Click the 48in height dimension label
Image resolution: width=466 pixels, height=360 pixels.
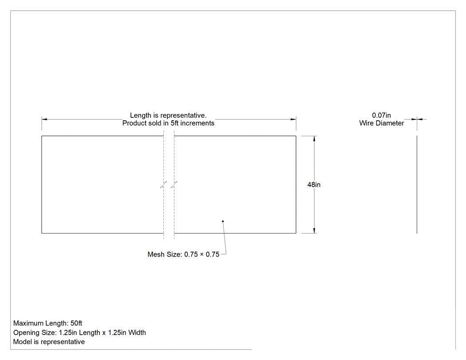click(x=314, y=185)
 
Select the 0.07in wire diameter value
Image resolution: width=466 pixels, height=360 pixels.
click(x=381, y=115)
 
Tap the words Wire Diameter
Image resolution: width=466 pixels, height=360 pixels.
click(x=382, y=123)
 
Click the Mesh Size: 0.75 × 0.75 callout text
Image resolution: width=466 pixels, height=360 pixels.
click(x=183, y=254)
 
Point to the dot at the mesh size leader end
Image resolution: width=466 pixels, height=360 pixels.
click(x=223, y=221)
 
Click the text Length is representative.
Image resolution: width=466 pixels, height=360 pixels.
click(x=168, y=115)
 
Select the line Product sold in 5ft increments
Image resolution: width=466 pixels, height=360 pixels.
click(x=168, y=123)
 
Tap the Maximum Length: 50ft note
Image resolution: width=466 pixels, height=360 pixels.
click(x=47, y=323)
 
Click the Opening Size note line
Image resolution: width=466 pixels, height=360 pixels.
click(x=79, y=332)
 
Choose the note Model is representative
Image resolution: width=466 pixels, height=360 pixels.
click(x=49, y=342)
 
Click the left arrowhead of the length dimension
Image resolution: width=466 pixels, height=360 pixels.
click(x=44, y=119)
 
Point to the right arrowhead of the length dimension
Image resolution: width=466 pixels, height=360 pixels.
click(x=293, y=119)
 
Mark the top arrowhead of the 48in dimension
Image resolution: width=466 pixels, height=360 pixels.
click(x=314, y=138)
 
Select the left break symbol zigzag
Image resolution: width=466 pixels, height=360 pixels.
click(x=163, y=185)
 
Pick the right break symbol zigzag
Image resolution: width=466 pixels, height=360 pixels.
click(x=174, y=185)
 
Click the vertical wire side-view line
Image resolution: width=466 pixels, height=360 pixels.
click(x=417, y=185)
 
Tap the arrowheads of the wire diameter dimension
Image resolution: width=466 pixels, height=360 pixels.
click(x=417, y=119)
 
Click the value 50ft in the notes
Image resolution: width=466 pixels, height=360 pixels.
click(x=76, y=323)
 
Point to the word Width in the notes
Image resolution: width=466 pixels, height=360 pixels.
click(x=137, y=332)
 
